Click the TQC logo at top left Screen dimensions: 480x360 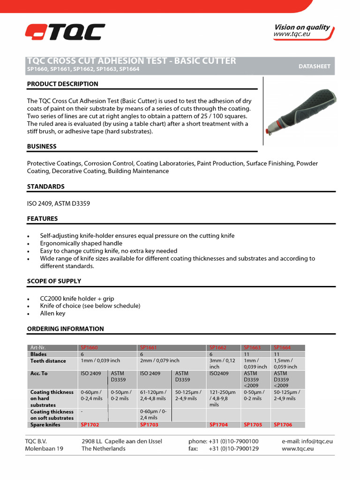(65, 32)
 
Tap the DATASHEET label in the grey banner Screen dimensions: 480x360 (314, 67)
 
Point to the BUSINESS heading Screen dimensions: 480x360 (42, 146)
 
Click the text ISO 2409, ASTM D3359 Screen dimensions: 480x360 (59, 203)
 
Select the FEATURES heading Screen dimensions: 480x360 (43, 218)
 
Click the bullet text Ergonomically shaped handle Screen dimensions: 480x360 (81, 243)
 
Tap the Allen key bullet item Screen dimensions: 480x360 (53, 313)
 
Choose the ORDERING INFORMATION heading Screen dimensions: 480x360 (66, 329)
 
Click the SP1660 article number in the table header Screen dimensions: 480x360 (89, 348)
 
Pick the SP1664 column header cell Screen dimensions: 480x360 (282, 348)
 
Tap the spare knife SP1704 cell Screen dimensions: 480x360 (218, 425)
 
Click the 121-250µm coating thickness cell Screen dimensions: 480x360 (223, 398)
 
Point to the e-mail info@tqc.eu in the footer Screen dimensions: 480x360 (307, 441)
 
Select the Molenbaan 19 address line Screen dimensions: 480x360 (44, 449)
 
